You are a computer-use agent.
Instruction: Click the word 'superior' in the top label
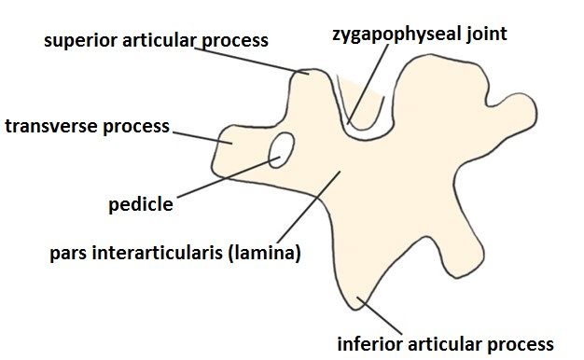click(80, 41)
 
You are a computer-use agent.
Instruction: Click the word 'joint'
click(486, 35)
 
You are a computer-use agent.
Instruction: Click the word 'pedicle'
click(141, 205)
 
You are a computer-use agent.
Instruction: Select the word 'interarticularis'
click(157, 252)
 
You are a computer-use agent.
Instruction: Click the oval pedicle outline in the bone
click(282, 150)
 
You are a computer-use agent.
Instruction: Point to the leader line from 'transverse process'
click(202, 137)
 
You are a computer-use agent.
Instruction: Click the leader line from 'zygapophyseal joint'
click(368, 84)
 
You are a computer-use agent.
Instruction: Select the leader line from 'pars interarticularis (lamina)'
click(309, 207)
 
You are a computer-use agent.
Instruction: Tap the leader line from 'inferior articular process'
click(380, 315)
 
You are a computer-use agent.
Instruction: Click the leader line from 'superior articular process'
click(252, 61)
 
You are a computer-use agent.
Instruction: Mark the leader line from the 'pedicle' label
click(229, 177)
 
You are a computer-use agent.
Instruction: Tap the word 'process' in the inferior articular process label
click(521, 345)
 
